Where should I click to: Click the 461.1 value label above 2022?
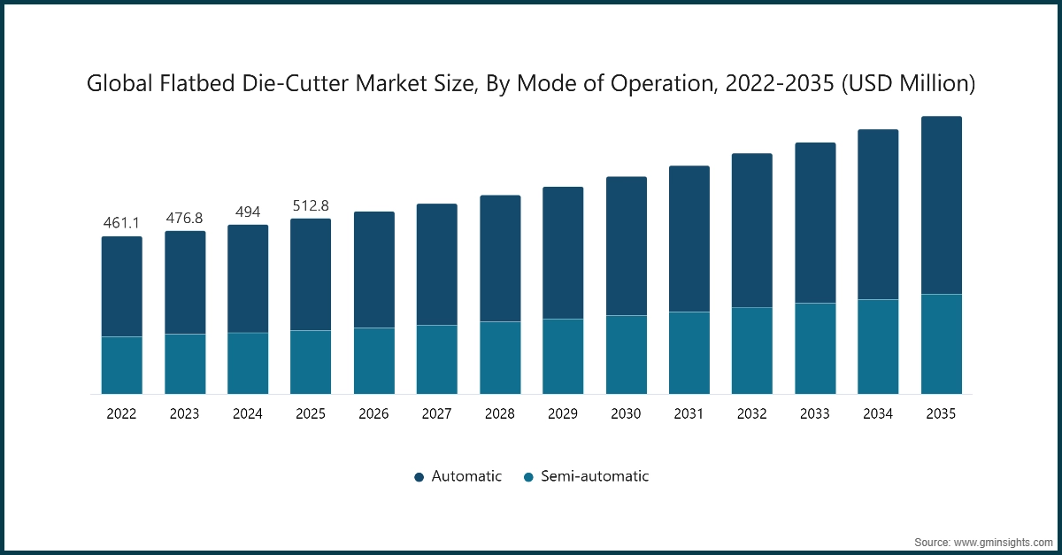[x=121, y=222]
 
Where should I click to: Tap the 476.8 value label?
[x=185, y=217]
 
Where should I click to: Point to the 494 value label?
[x=248, y=211]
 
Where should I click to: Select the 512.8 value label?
[x=311, y=205]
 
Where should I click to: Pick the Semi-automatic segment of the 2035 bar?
[x=941, y=343]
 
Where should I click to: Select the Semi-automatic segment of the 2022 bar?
[x=121, y=365]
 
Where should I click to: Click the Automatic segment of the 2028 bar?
[x=500, y=258]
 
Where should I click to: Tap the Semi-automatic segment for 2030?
[x=627, y=354]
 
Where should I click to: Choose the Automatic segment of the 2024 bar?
[x=248, y=279]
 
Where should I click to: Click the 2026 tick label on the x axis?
[x=373, y=413]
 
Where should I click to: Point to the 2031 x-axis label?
[x=689, y=413]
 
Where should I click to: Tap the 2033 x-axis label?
[x=815, y=413]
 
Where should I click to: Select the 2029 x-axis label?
[x=563, y=413]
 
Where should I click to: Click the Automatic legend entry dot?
[x=419, y=477]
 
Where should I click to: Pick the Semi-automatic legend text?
[x=596, y=476]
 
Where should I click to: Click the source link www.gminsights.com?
[x=1002, y=540]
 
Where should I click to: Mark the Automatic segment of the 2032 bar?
[x=751, y=230]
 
